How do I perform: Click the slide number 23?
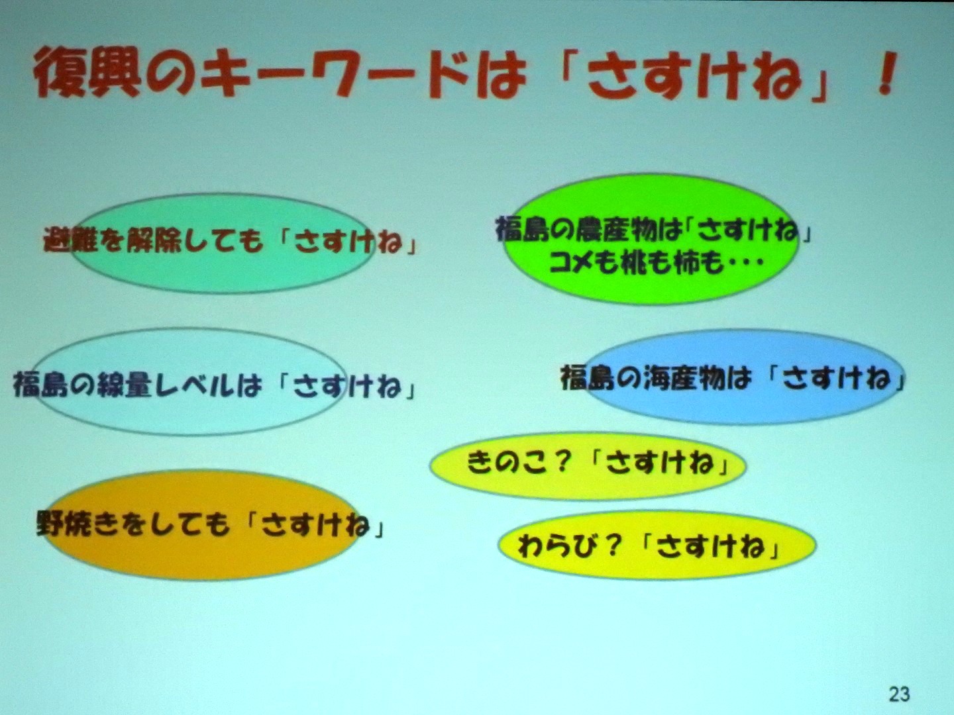[899, 694]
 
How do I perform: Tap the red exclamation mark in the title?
[886, 73]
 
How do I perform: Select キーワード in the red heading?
[334, 73]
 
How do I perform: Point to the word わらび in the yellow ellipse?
[556, 546]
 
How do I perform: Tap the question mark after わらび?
[612, 546]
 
